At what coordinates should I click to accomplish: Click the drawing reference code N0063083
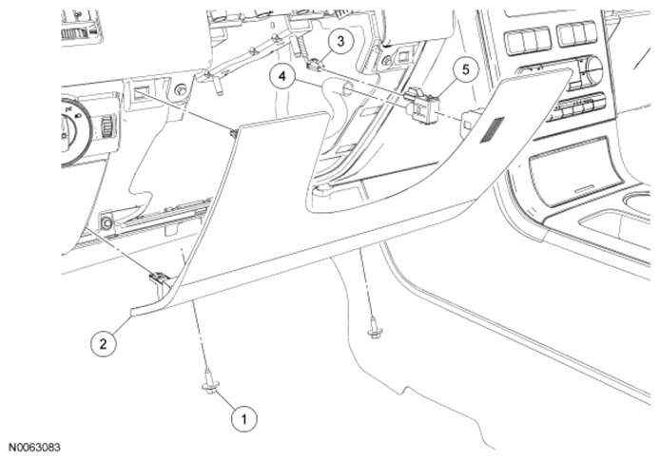pyautogui.click(x=35, y=445)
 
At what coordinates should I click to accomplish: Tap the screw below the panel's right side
pyautogui.click(x=374, y=333)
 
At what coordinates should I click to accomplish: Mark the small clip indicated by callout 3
pyautogui.click(x=315, y=65)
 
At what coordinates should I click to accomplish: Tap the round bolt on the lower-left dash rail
pyautogui.click(x=107, y=223)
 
